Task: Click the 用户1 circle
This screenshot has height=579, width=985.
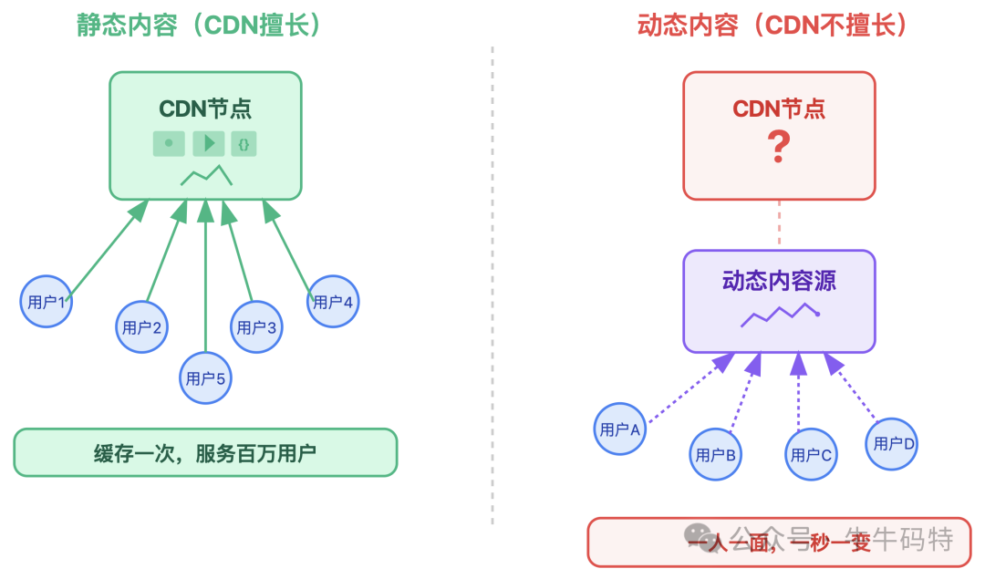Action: (47, 301)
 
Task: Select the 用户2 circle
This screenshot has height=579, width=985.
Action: (142, 327)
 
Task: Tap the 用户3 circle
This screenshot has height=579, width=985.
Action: (256, 327)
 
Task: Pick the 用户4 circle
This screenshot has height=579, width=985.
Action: (333, 301)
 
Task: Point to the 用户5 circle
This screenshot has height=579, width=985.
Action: (205, 377)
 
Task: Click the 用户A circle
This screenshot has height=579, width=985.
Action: (620, 428)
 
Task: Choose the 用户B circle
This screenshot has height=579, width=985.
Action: (716, 454)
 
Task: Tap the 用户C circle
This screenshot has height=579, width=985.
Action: (811, 454)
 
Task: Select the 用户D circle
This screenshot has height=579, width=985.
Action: (891, 443)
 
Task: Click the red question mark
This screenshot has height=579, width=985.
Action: (778, 147)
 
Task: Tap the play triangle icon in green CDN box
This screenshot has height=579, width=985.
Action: (209, 143)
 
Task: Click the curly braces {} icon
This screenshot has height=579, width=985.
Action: (244, 143)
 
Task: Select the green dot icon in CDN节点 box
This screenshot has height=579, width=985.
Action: (169, 143)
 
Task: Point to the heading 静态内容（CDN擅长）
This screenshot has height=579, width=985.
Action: (200, 25)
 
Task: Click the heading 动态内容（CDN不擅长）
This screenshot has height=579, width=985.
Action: (774, 25)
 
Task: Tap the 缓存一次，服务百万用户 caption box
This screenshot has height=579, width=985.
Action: (205, 452)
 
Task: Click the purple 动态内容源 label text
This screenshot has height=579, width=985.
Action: (779, 281)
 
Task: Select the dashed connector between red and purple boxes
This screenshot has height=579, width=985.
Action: (780, 224)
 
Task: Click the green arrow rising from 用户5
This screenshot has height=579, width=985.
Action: (205, 283)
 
